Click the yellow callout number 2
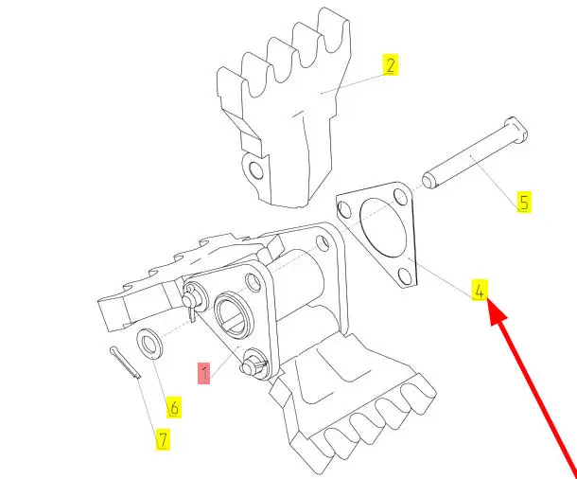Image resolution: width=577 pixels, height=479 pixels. coord(391,64)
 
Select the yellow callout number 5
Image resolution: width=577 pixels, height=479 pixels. coord(524,203)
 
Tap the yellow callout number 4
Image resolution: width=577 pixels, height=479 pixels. coord(480,290)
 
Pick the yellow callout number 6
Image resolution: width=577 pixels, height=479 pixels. coord(174,407)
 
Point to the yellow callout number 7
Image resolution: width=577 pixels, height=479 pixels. coord(163,439)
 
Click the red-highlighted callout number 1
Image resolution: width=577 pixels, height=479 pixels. coord(204,373)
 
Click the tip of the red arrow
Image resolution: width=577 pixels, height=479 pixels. coord(488,301)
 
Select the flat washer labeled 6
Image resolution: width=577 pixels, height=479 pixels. coord(149,344)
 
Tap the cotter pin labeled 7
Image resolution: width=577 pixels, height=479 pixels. coord(125,363)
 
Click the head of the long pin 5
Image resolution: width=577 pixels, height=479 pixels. coord(516,130)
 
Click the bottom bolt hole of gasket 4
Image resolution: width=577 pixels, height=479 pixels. coord(405,276)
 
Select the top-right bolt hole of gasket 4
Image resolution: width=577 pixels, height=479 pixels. coord(400,197)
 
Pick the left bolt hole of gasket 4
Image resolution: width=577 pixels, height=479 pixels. coord(344,209)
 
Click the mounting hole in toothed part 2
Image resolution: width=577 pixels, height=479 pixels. coord(256,170)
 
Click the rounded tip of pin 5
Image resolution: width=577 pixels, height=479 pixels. coord(428,182)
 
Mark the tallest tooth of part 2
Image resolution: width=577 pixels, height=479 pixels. coord(334,29)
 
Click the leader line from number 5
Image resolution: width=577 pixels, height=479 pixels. coord(495,179)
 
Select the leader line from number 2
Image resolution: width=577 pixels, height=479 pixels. coord(353,84)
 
